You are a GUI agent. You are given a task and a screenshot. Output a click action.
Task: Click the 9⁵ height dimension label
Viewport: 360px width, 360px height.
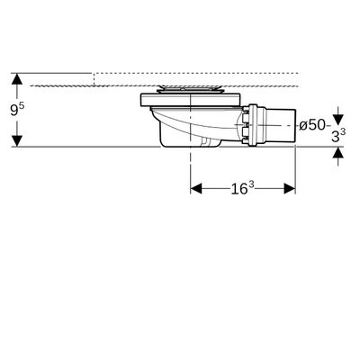click(x=17, y=109)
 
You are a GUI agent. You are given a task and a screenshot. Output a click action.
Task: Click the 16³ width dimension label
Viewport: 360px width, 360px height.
click(x=242, y=188)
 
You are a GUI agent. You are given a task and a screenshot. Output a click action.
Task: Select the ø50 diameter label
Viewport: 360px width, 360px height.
click(x=312, y=125)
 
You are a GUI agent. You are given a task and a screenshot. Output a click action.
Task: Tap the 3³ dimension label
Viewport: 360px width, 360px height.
click(x=338, y=136)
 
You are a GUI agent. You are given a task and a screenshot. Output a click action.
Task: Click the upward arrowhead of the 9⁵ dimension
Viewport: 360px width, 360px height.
click(x=17, y=78)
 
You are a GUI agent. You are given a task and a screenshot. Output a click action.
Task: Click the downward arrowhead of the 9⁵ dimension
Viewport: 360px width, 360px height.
click(x=17, y=141)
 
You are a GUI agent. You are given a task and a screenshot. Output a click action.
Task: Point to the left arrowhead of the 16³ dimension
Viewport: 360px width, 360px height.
click(x=196, y=189)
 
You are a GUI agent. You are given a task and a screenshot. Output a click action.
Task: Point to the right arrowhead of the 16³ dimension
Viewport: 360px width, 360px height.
click(x=290, y=189)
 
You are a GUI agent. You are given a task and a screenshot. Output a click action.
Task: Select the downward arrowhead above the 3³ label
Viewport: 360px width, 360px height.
click(x=338, y=120)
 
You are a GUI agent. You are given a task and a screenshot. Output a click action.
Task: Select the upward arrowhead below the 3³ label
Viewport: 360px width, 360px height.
click(x=338, y=153)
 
